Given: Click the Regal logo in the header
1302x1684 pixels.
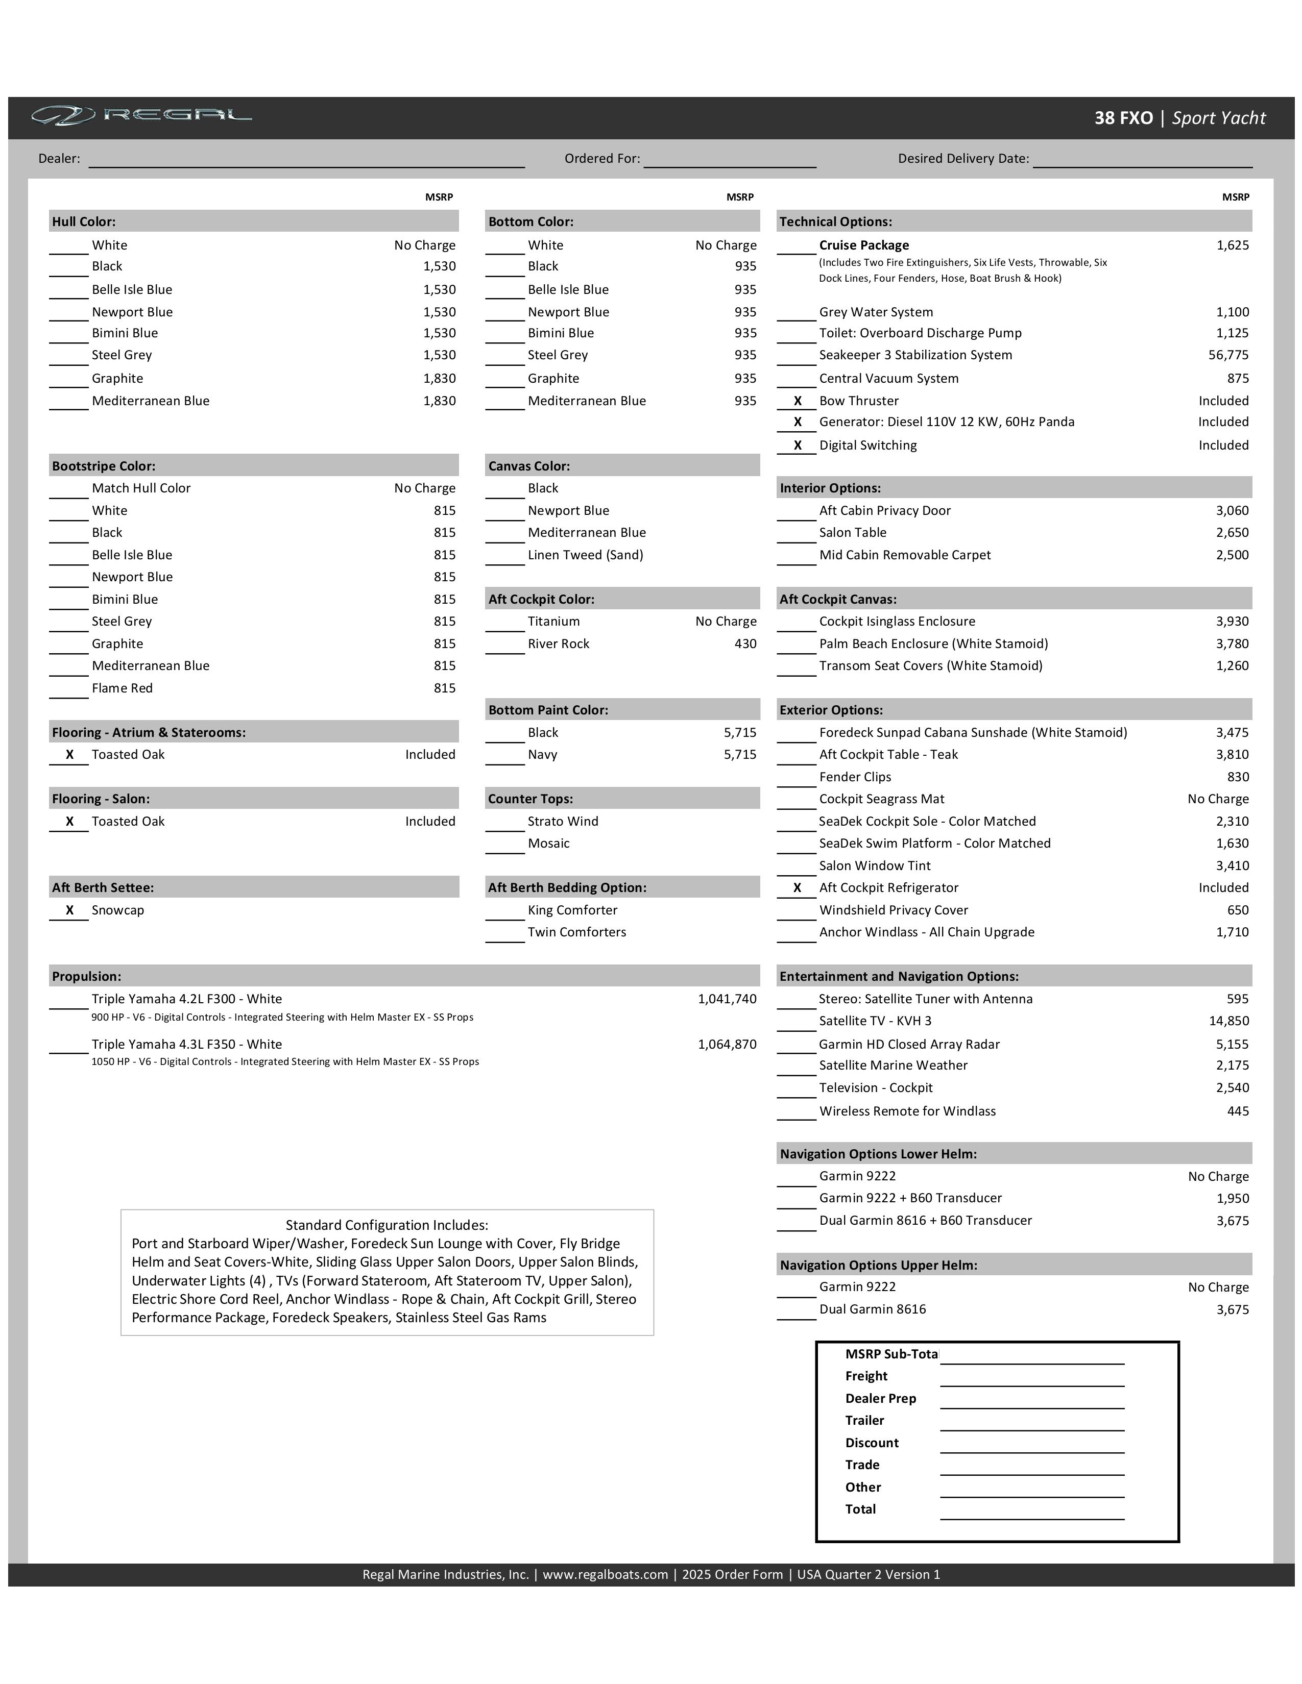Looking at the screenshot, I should click(x=141, y=116).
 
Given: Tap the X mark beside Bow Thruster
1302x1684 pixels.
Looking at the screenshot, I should click(x=797, y=401).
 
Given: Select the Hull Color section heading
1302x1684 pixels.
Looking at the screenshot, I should click(x=84, y=222).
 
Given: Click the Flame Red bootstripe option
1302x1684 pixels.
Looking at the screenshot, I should click(x=122, y=688).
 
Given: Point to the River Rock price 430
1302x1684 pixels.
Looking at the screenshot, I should click(x=744, y=644).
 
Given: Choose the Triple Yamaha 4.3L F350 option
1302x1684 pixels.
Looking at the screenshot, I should click(x=187, y=1045).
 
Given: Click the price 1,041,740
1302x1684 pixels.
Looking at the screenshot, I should click(x=727, y=999).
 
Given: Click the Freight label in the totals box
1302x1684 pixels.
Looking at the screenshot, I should click(x=866, y=1376).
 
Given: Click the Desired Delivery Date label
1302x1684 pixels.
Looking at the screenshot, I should click(x=962, y=159).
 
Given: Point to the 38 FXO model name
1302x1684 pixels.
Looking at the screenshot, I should click(x=1123, y=118).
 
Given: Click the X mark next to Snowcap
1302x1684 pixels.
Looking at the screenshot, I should click(x=69, y=910).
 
